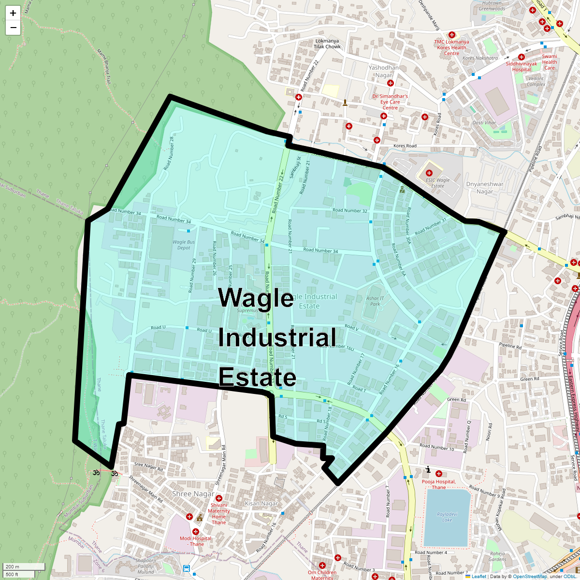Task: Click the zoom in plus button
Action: point(13,13)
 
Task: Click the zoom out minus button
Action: point(13,28)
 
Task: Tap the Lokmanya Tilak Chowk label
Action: point(327,44)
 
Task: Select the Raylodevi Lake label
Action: point(447,517)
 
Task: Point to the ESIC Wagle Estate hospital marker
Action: point(429,173)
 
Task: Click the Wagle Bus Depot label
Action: point(184,245)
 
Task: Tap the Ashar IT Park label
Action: point(375,301)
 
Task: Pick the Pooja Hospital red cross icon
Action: point(439,474)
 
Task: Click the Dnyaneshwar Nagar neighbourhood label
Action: point(485,188)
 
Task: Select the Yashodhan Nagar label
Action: point(384,71)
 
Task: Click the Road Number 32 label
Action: point(350,211)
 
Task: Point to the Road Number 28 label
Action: point(168,153)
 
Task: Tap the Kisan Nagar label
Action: point(261,503)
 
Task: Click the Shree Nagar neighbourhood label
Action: point(193,494)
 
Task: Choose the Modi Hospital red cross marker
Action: point(196,532)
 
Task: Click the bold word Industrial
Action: point(277,338)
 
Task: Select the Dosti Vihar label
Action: point(484,123)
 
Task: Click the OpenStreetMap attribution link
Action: point(530,576)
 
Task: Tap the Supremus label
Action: point(247,311)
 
